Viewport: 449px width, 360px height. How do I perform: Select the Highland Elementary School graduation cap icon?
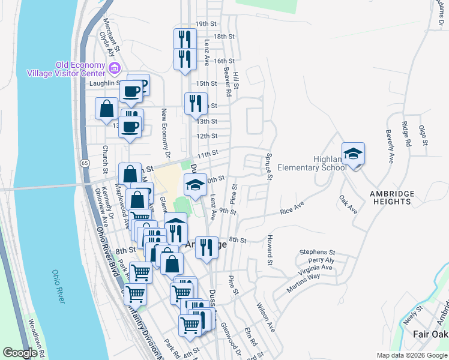click(353, 154)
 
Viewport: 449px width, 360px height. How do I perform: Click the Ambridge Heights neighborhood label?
click(392, 197)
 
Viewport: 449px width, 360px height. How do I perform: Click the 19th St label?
click(205, 23)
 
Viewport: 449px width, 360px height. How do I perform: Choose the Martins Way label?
click(304, 282)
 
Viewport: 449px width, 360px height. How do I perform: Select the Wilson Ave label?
click(266, 319)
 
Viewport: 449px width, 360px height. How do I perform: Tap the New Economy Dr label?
click(163, 130)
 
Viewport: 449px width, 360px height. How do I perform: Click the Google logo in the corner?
click(20, 352)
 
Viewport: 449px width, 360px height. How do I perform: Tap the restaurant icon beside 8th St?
click(206, 247)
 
